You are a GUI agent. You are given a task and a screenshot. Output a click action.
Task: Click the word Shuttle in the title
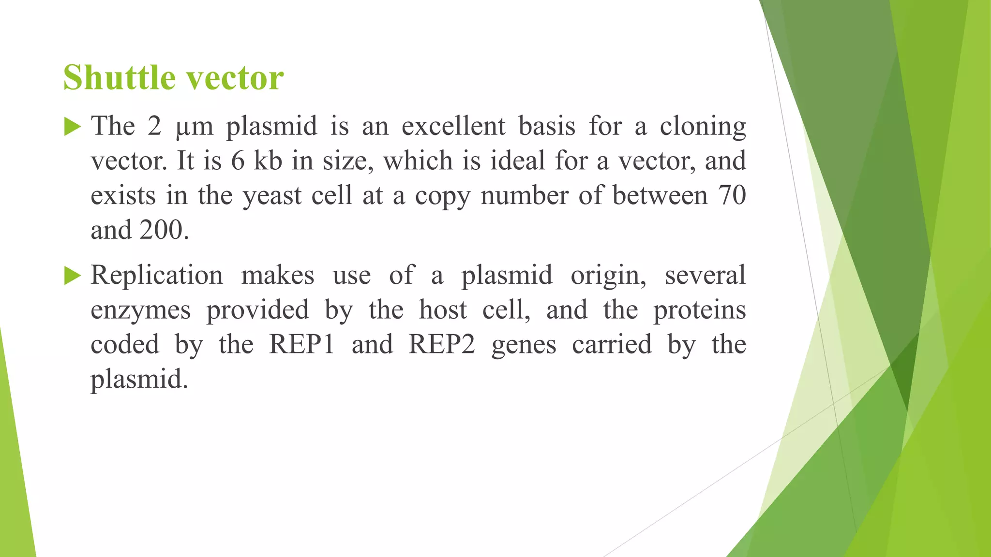118,77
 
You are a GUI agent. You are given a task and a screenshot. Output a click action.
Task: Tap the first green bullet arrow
72,127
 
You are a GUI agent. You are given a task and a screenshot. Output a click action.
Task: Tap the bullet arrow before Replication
72,276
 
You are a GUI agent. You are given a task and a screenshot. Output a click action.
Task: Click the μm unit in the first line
194,127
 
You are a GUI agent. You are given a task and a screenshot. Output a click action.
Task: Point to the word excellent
453,126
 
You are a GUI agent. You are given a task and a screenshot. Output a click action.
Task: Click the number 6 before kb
238,161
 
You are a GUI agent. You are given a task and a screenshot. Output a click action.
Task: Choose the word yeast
272,196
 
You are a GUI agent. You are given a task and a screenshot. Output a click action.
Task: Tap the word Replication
157,276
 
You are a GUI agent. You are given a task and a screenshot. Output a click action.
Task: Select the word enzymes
140,310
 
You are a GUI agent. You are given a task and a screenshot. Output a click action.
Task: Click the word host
443,310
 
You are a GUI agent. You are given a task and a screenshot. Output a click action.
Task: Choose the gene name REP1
301,345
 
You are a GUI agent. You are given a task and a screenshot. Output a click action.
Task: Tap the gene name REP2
442,345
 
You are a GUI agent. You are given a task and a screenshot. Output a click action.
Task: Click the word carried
612,345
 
